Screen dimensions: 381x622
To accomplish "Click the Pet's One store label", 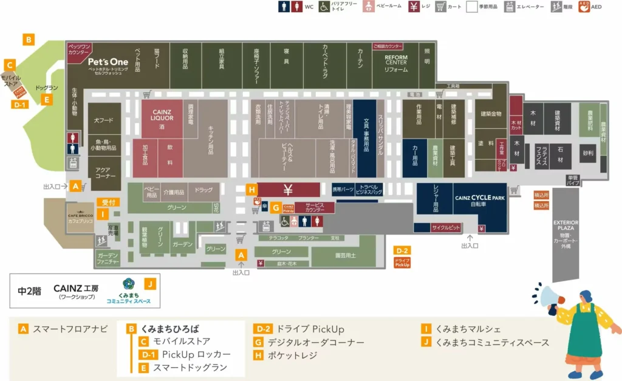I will coord(108,61).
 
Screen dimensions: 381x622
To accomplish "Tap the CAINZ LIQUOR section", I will coord(159,115).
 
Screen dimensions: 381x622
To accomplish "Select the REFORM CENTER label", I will coord(395,61).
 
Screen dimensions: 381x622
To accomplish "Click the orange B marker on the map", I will coord(28,39).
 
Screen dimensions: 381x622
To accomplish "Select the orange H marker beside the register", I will coord(252,189).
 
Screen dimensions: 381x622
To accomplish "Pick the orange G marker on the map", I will coord(275,207).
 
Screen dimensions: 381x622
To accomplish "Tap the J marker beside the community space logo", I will coord(150,283).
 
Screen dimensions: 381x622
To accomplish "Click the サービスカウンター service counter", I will coord(314,207).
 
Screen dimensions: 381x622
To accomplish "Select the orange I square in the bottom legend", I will coord(427,329).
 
